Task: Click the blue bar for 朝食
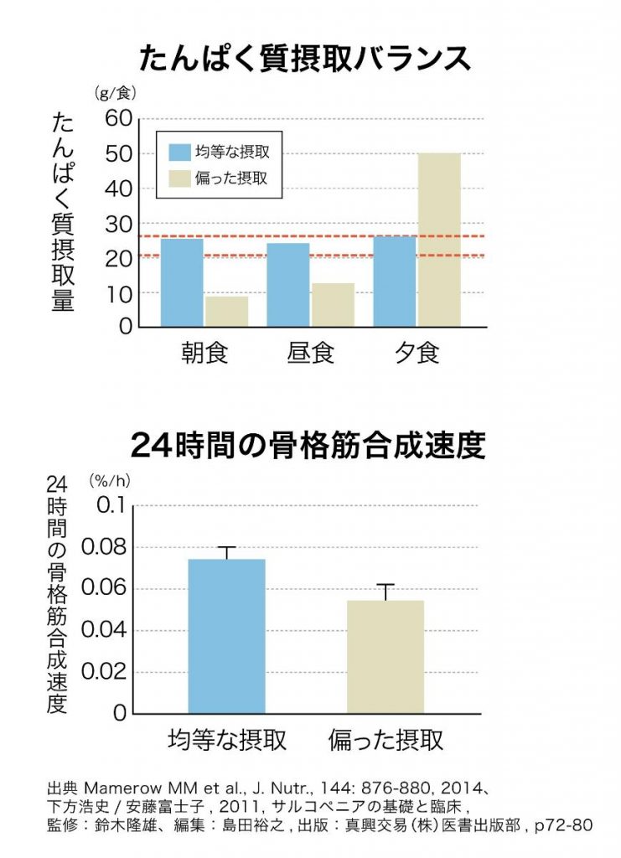(181, 282)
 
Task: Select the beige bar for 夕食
(439, 240)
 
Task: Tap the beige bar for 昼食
(333, 305)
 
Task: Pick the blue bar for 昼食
(287, 285)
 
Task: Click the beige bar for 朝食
(226, 312)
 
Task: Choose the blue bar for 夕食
(394, 281)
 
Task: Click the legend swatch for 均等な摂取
(179, 152)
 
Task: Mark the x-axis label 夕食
(417, 353)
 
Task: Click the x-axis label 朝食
(204, 353)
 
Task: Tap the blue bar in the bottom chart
(226, 636)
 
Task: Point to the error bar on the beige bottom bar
(386, 592)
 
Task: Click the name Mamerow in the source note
(116, 789)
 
